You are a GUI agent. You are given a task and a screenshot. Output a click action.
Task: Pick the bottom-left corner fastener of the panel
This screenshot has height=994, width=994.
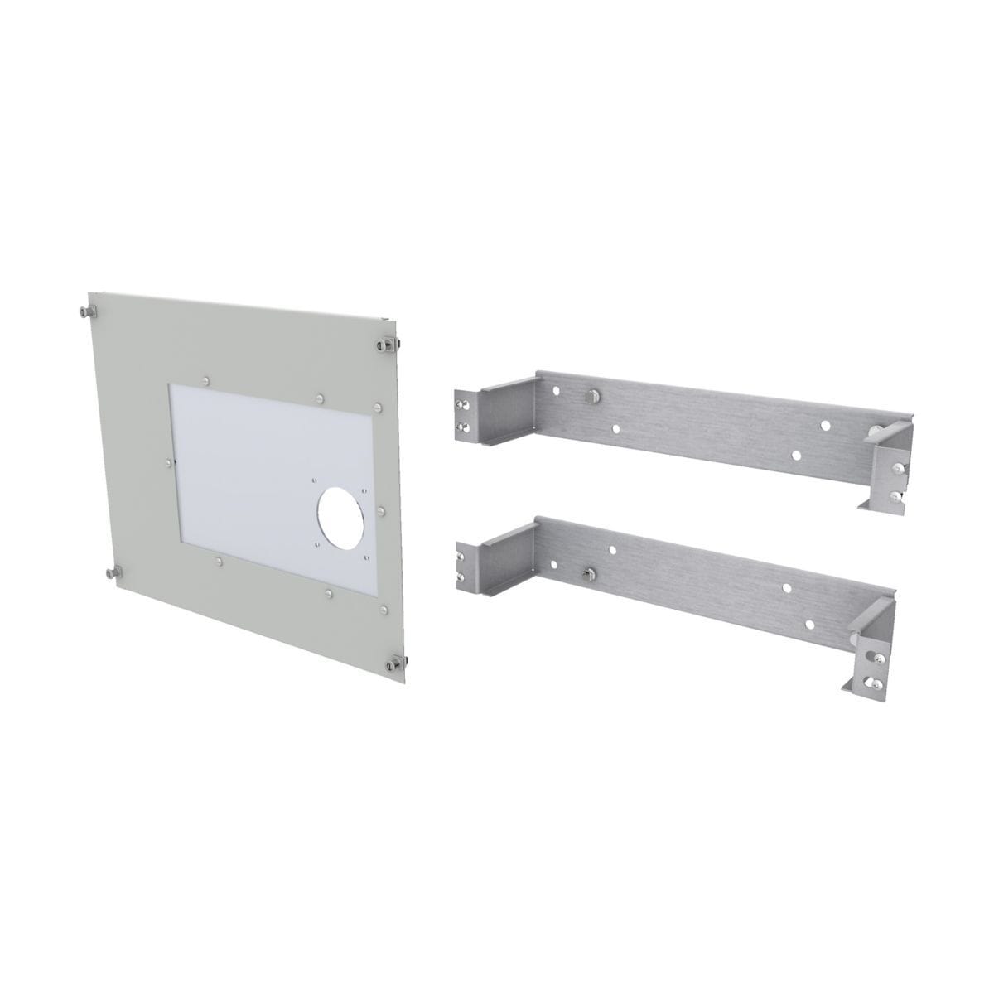tap(112, 573)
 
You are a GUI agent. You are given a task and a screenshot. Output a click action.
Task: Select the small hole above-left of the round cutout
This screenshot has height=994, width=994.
tap(315, 478)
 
